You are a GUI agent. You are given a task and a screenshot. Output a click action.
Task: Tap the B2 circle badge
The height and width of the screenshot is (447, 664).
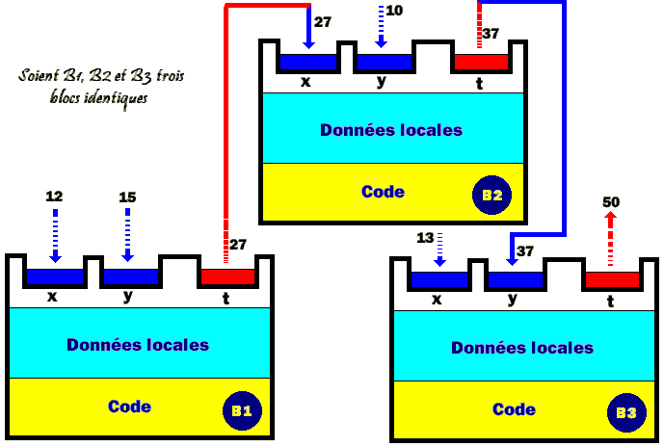[492, 196]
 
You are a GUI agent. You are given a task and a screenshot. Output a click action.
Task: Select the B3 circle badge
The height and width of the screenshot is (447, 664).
[625, 413]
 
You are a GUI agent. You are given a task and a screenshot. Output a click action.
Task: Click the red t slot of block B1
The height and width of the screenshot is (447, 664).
[226, 277]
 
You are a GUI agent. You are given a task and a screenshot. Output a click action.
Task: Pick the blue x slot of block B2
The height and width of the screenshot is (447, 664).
[308, 63]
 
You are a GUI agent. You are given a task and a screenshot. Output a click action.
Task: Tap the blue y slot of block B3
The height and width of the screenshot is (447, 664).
[515, 280]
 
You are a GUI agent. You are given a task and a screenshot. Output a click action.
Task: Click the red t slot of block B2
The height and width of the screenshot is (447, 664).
[480, 63]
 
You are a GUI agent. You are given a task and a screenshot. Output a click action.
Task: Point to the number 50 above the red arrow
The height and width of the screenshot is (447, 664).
[611, 202]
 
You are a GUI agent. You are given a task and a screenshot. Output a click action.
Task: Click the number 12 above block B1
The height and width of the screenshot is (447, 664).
[54, 196]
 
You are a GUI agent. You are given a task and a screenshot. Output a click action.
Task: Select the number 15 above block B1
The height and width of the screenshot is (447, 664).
[127, 197]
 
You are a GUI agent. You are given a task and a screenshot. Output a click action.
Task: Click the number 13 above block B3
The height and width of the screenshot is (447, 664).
[425, 238]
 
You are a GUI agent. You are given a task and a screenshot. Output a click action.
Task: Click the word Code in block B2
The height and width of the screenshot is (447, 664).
[383, 192]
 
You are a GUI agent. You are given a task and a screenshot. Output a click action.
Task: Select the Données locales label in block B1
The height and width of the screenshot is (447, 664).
[137, 344]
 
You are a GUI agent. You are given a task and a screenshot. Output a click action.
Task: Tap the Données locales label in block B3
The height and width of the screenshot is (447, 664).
[521, 347]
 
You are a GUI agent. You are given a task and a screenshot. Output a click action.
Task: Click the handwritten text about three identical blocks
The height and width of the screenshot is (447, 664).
[89, 86]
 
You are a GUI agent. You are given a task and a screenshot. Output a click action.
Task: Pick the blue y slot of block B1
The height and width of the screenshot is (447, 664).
[129, 277]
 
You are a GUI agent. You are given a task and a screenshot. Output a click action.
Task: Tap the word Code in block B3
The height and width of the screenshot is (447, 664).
[514, 409]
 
